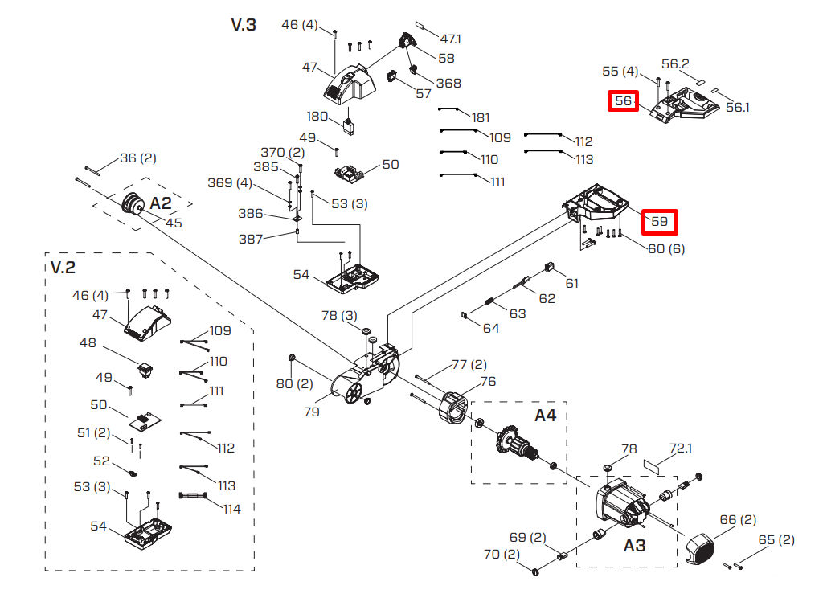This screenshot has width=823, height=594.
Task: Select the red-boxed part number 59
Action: pos(659,220)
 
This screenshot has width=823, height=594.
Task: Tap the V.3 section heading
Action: pos(244,25)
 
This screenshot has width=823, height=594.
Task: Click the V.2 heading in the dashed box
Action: pos(63,266)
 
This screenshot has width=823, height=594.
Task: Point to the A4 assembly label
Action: pos(546,416)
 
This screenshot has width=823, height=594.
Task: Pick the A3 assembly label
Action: pos(635,545)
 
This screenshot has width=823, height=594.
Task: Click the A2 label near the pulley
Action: pos(162,203)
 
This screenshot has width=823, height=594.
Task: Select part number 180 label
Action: pos(319,116)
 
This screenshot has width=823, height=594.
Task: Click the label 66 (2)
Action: pos(738,520)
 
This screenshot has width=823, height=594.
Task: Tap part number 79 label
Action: pos(312,412)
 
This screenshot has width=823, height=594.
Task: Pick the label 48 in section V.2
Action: pos(88,343)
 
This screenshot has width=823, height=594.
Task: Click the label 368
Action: pos(448,83)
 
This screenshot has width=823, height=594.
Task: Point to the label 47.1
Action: pos(451,39)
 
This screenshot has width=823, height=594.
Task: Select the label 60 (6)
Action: pos(666,248)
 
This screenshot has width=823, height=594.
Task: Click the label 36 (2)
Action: pos(138,158)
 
